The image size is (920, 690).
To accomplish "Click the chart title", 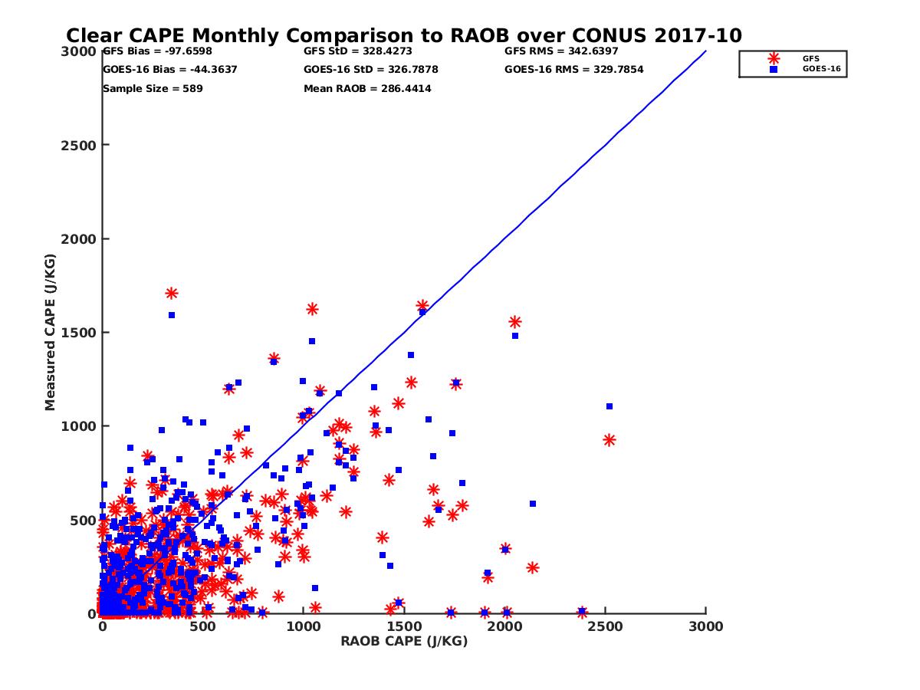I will [x=404, y=36].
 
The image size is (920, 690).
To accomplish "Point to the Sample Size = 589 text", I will [x=153, y=89].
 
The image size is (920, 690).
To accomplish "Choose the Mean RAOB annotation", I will [x=367, y=89].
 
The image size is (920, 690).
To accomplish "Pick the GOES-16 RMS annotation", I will [x=573, y=70].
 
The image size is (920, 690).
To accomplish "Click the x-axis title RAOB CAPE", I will [x=404, y=642].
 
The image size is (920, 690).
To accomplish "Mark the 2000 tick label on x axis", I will [x=504, y=626].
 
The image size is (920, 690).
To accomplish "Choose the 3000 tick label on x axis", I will [x=705, y=626].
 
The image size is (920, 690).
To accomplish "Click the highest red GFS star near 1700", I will [x=172, y=294].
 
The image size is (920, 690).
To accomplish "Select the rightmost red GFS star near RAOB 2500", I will [x=609, y=440].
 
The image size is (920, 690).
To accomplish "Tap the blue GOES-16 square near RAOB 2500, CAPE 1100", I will [x=609, y=406].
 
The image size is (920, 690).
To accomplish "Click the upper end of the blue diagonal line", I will [x=705, y=51].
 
